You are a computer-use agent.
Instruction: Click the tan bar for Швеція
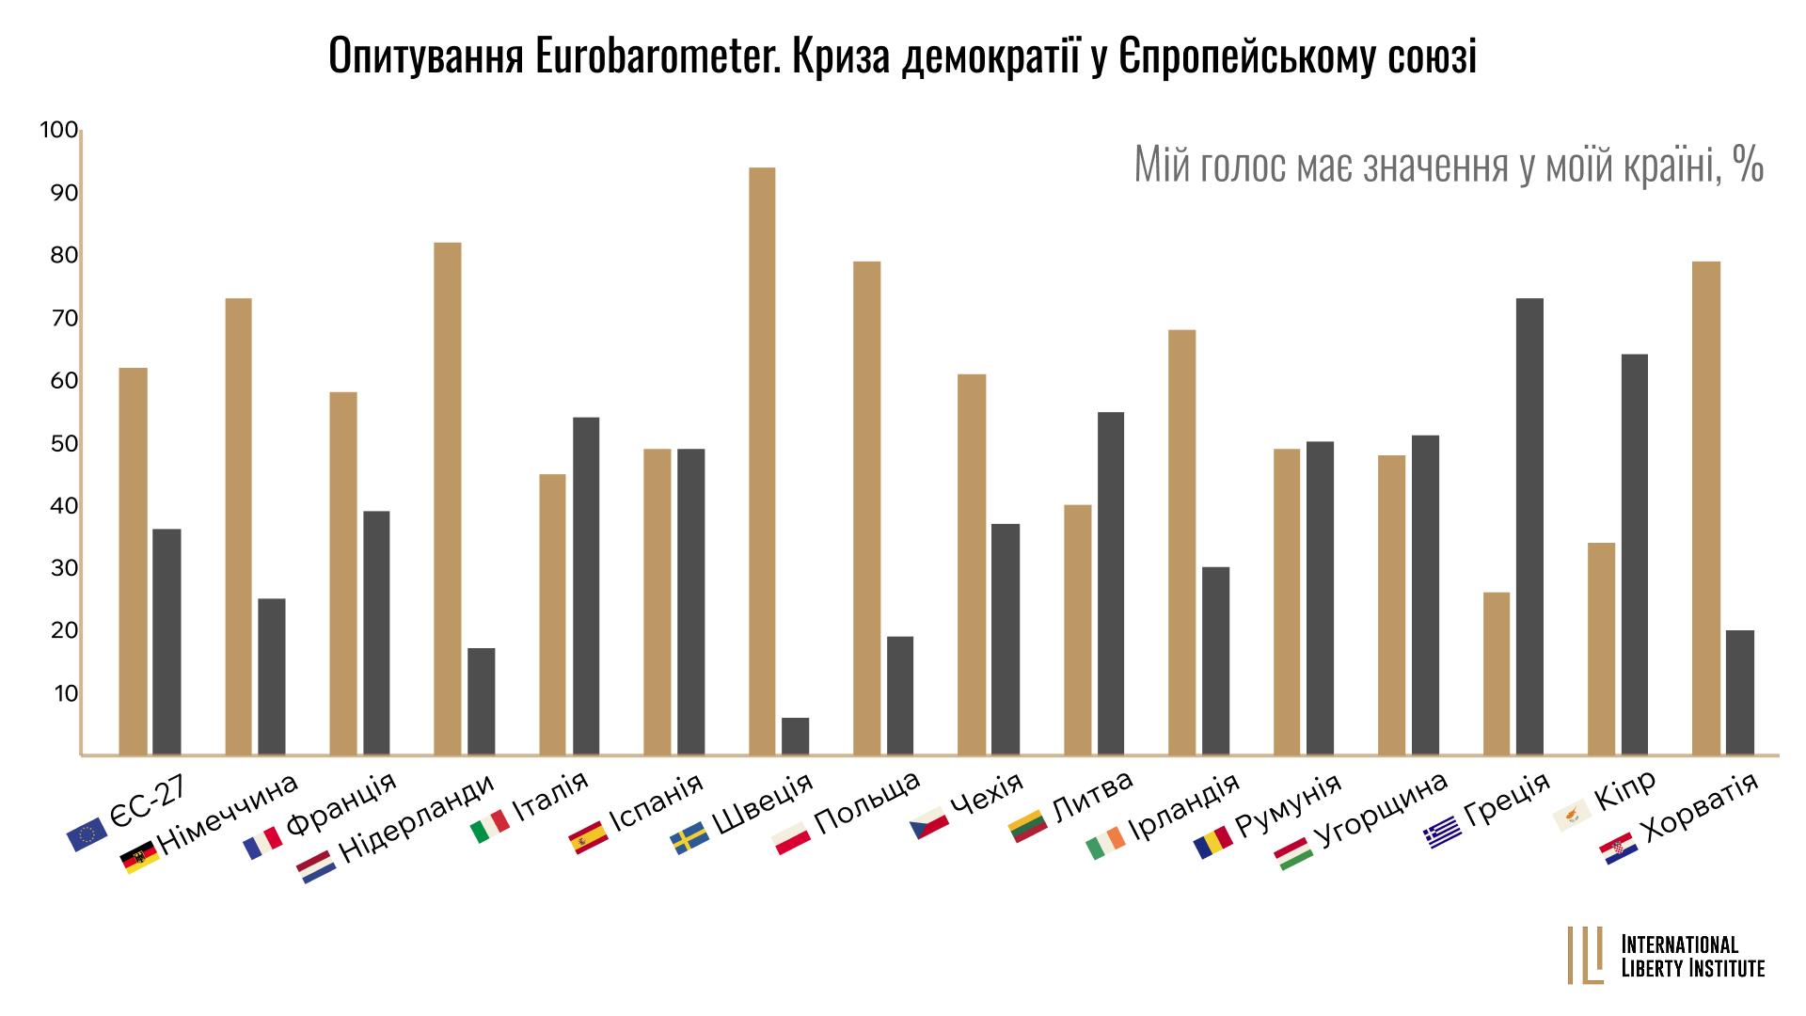pyautogui.click(x=762, y=461)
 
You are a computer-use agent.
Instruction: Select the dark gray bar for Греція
pyautogui.click(x=1529, y=527)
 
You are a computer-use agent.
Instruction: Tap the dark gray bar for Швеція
pyautogui.click(x=795, y=736)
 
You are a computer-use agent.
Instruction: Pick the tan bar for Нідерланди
pyautogui.click(x=448, y=499)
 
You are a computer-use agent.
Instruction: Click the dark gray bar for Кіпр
pyautogui.click(x=1634, y=555)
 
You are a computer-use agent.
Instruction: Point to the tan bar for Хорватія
pyautogui.click(x=1706, y=508)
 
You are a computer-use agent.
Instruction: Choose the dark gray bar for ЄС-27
pyautogui.click(x=166, y=642)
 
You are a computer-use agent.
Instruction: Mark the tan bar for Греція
pyautogui.click(x=1497, y=674)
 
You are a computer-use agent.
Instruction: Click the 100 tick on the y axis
pyautogui.click(x=57, y=131)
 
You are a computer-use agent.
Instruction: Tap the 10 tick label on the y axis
pyautogui.click(x=64, y=694)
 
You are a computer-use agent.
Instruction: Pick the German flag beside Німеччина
pyautogui.click(x=140, y=857)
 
